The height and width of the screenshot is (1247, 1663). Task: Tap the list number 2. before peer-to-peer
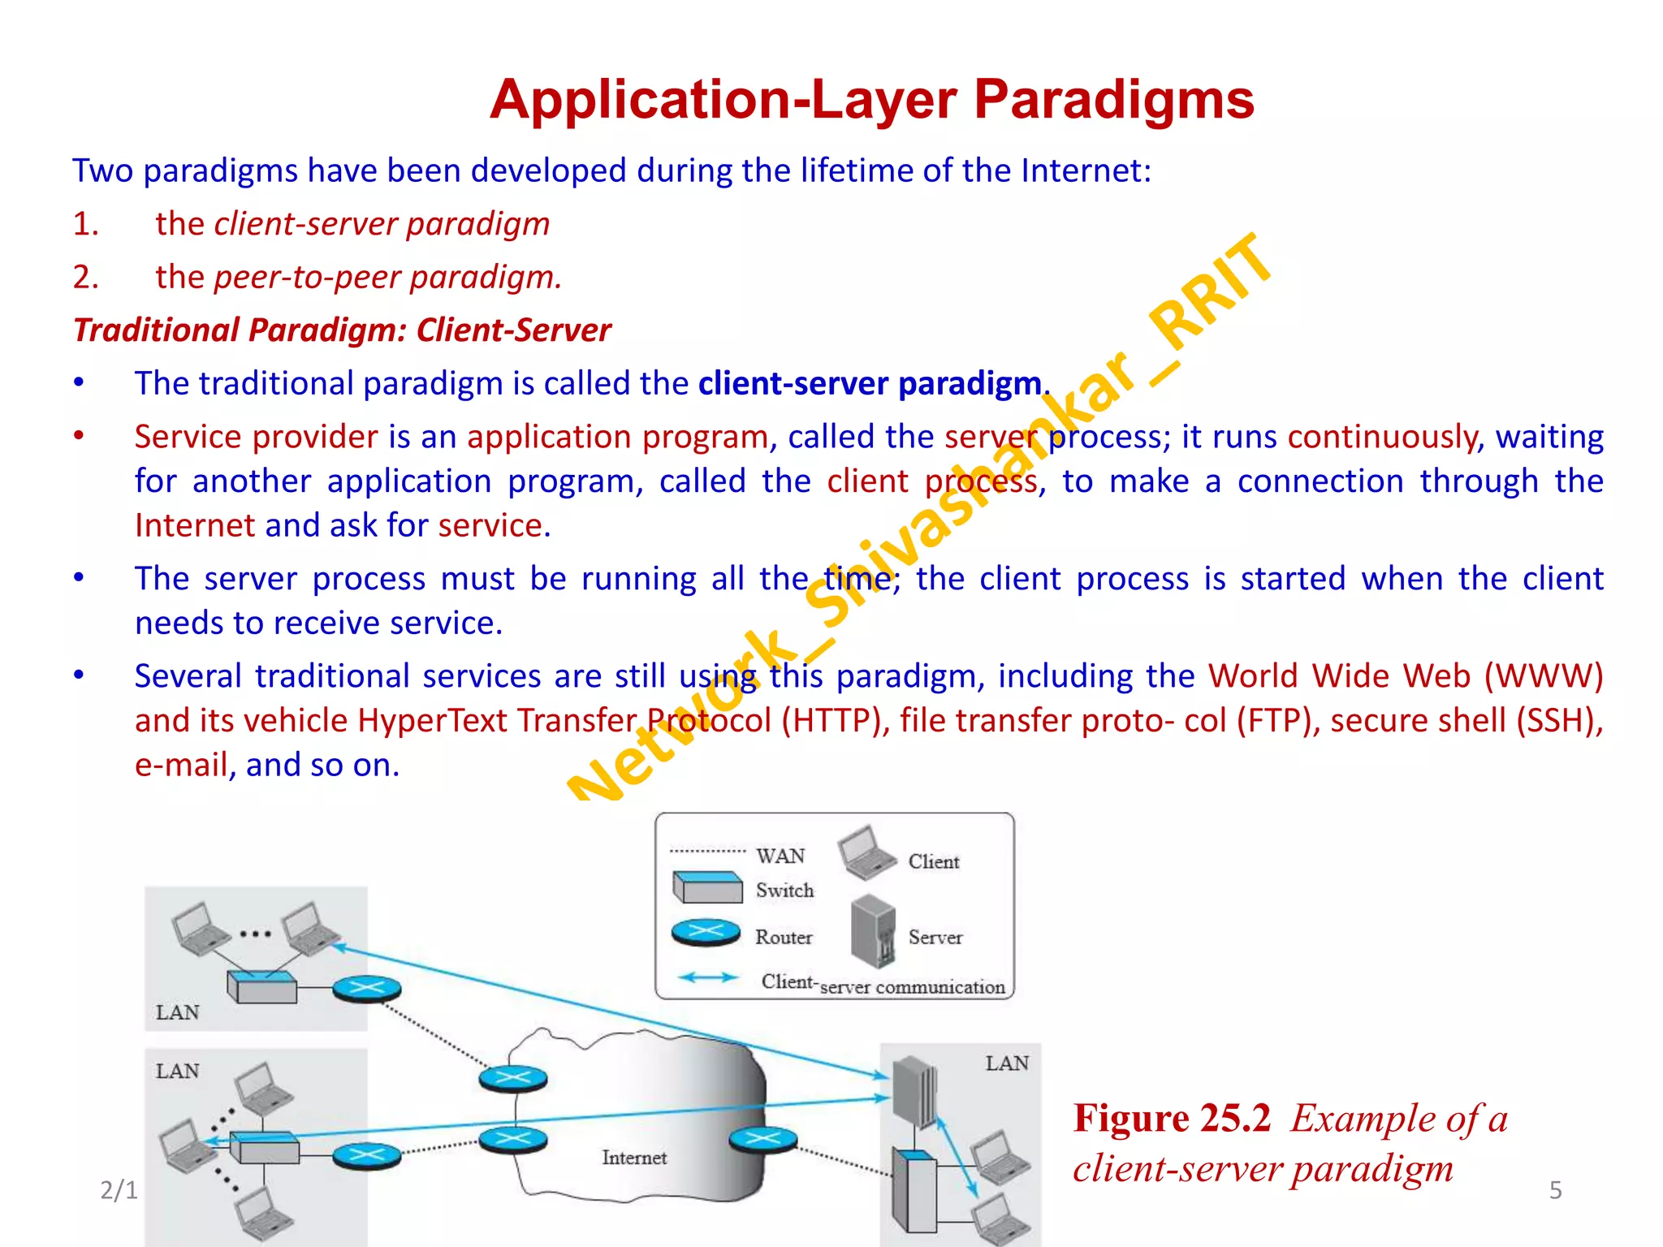tap(85, 278)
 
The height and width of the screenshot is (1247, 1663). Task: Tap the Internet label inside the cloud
tap(634, 1157)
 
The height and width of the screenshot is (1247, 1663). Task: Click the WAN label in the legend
tap(780, 857)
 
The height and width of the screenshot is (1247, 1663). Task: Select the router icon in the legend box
tap(706, 933)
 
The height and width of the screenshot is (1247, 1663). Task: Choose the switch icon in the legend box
tap(707, 887)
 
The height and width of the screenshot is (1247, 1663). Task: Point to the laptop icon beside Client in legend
tap(866, 852)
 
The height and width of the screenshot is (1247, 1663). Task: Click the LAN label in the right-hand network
tap(1007, 1064)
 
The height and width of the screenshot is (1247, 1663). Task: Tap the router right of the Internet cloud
tap(762, 1140)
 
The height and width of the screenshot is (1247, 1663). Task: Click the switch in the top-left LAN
tap(261, 986)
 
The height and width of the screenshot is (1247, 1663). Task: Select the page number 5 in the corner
tap(1555, 1190)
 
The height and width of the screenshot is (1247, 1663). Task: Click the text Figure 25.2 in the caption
tap(1171, 1119)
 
